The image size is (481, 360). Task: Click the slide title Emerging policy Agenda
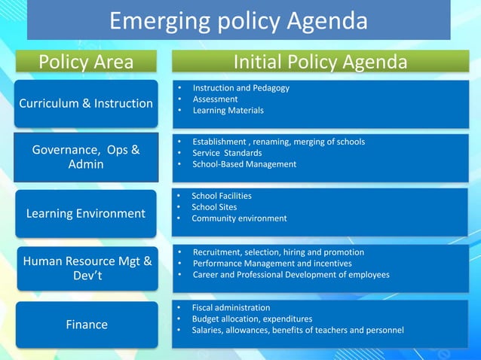point(238,20)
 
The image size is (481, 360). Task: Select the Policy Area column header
point(86,62)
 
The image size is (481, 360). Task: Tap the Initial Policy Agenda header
point(320,62)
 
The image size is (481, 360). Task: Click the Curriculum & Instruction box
point(86,103)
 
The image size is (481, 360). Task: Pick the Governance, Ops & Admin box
point(86,157)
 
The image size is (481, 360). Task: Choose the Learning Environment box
point(86,213)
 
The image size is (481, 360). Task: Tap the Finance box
point(86,325)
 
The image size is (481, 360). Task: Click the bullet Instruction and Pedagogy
point(240,88)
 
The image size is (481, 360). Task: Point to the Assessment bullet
point(215,99)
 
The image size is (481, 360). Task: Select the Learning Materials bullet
point(228,111)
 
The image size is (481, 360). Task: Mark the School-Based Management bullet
point(244,164)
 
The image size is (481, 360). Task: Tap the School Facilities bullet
point(222,196)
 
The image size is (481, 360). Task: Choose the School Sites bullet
point(214,207)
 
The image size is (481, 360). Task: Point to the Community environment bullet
point(239,218)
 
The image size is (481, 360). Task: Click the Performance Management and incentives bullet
point(272,264)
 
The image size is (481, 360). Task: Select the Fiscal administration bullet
point(231,308)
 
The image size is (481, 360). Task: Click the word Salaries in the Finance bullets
point(208,331)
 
